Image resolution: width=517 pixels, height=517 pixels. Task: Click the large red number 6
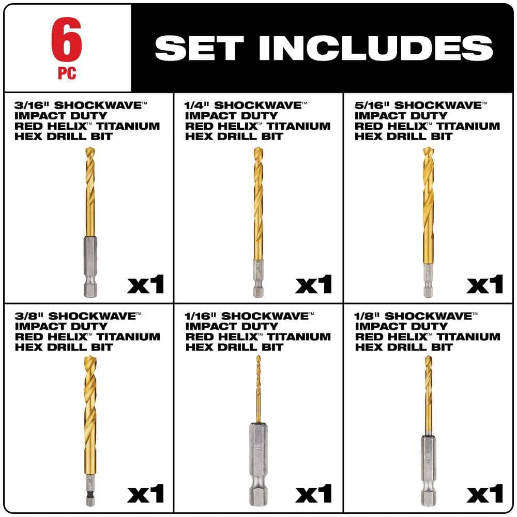67,39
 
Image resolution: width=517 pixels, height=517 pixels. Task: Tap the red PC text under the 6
67,73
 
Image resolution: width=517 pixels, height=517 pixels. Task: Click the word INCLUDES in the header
376,48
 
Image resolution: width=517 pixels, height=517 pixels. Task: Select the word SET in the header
199,48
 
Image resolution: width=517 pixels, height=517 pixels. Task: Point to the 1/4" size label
197,105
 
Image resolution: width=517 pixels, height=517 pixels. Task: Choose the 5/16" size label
372,105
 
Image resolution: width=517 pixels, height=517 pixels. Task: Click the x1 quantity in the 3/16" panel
145,284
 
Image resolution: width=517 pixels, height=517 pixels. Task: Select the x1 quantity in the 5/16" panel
485,284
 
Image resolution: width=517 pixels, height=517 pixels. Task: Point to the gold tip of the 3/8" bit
90,359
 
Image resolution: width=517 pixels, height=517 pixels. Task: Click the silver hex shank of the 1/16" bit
258,464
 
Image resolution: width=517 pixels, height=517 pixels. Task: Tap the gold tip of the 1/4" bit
258,151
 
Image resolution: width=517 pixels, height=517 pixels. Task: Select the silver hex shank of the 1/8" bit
429,470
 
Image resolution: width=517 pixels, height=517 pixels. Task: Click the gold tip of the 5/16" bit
428,151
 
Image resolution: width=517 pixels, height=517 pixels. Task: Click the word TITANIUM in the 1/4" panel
298,126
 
